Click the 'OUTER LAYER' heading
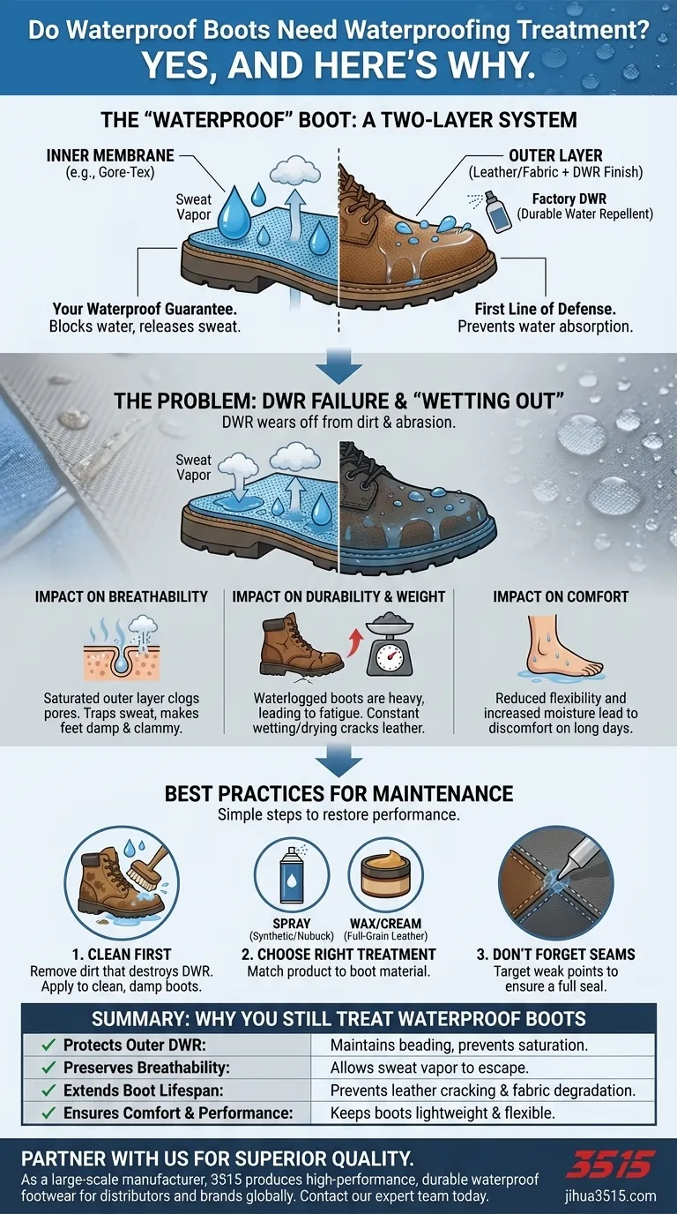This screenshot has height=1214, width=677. [x=555, y=156]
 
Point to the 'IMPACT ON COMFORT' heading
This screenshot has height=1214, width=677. [x=560, y=596]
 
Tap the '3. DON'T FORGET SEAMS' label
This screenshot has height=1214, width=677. [x=557, y=954]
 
